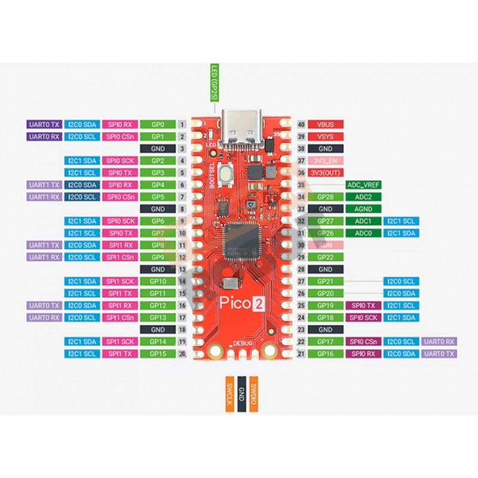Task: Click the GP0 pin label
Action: point(158,124)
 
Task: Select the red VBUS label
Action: point(325,124)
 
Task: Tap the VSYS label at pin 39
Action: point(325,136)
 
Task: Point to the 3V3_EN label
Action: point(325,161)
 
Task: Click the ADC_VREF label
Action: point(364,185)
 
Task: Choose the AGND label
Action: point(364,209)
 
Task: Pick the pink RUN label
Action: point(325,245)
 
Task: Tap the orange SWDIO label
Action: point(254,394)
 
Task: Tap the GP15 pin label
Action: point(158,354)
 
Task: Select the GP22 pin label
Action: point(325,257)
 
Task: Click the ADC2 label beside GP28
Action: point(364,197)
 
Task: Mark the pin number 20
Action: point(182,354)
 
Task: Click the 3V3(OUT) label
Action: point(325,173)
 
